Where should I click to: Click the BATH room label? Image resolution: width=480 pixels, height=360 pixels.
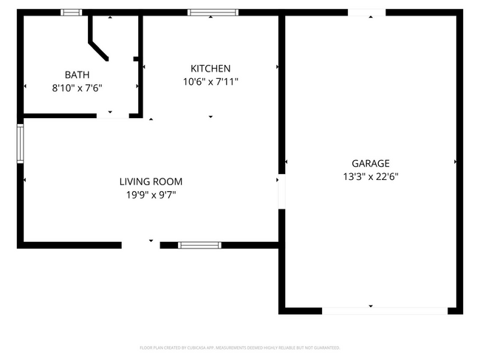78,75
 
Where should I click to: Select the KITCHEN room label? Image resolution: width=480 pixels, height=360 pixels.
210,69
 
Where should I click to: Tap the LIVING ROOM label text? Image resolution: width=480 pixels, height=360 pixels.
151,181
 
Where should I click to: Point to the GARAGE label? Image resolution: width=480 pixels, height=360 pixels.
370,164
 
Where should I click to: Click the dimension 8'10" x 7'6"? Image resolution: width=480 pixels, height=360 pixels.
77,88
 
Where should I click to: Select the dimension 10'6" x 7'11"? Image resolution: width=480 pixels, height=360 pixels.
210,82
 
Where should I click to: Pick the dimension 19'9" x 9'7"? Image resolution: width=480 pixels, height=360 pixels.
151,195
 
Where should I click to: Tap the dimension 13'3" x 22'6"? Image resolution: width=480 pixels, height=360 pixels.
370,177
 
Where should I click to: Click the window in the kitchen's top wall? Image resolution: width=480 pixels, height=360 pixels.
213,13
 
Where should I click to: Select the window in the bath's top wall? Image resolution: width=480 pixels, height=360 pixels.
72,13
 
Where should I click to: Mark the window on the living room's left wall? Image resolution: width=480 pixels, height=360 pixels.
21,143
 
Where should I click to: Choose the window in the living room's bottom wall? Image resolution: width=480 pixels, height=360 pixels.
199,245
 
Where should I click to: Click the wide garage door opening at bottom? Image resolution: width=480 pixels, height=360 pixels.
384,311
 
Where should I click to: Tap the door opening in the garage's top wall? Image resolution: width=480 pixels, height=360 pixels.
366,13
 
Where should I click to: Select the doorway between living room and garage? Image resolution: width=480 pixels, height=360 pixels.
281,192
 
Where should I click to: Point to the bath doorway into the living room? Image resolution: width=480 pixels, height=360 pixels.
112,115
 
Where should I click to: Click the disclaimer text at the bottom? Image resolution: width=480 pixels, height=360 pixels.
240,347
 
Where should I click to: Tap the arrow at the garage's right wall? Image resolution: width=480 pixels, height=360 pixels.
455,162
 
